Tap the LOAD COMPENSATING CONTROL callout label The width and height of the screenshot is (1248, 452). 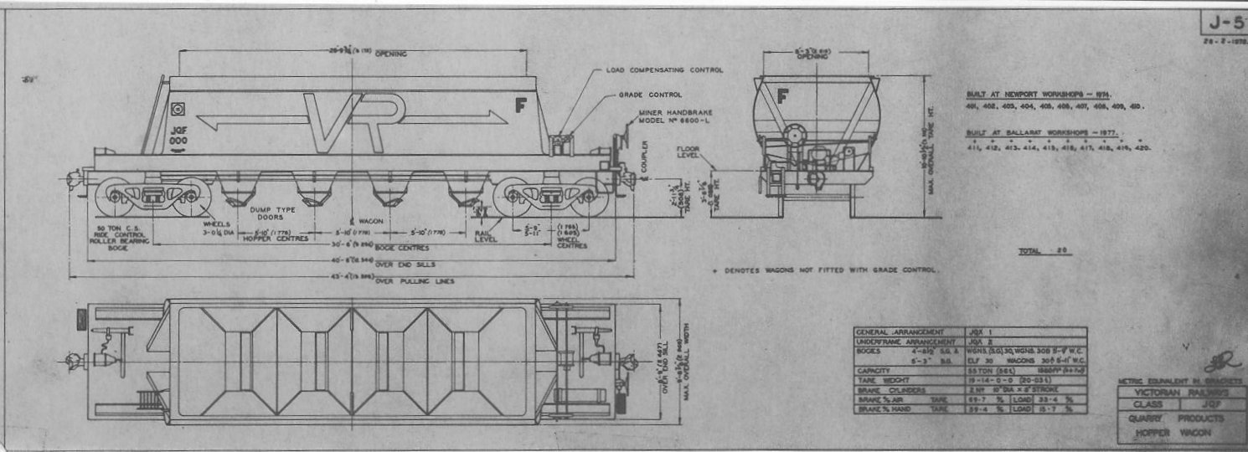pos(663,70)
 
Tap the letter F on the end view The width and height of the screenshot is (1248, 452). pos(782,96)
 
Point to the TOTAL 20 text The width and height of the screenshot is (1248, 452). pos(1044,251)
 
